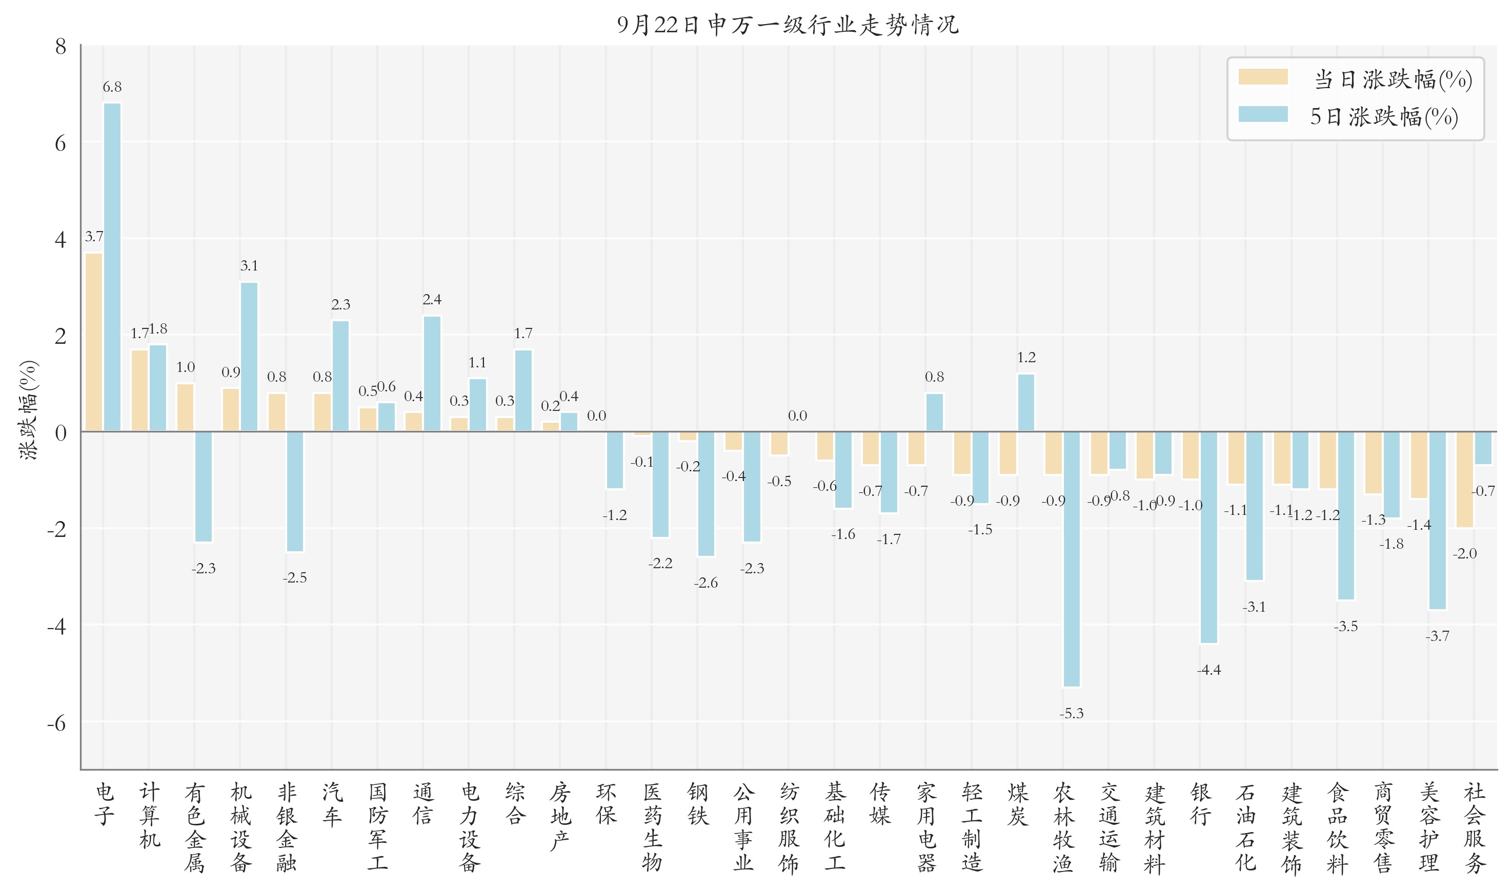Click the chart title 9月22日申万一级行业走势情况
788,25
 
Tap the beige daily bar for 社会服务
1464,479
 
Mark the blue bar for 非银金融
295,491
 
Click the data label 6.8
112,87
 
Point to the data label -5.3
1071,714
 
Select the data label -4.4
1208,670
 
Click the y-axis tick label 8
60,47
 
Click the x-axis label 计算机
149,815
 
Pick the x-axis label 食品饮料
1337,827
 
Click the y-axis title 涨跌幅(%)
28,410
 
